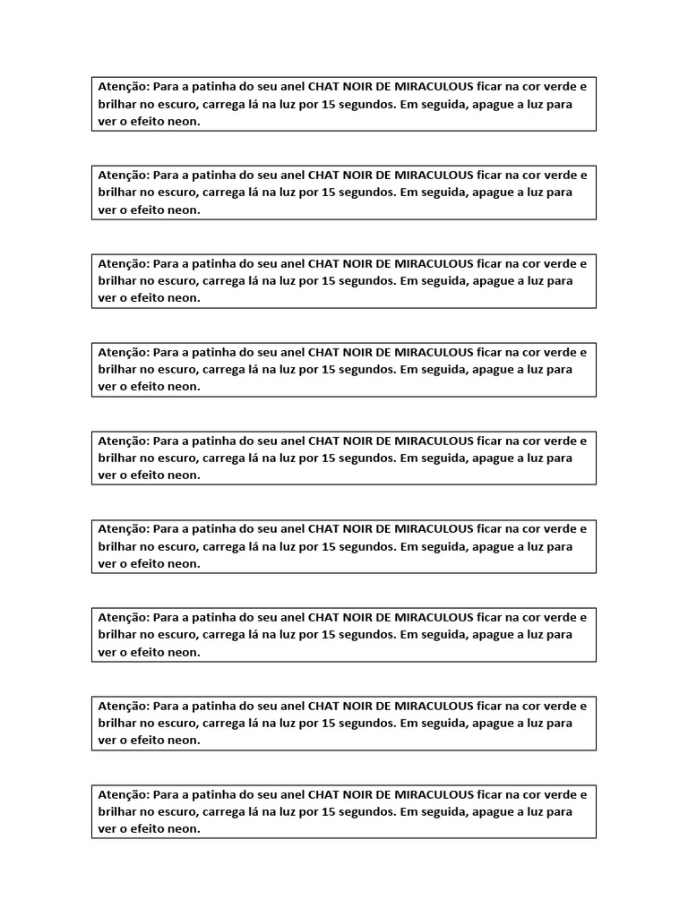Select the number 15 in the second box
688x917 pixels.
click(x=328, y=192)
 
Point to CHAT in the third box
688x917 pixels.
click(x=323, y=263)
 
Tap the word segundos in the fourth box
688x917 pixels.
click(x=365, y=369)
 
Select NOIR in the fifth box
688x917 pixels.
click(x=357, y=441)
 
